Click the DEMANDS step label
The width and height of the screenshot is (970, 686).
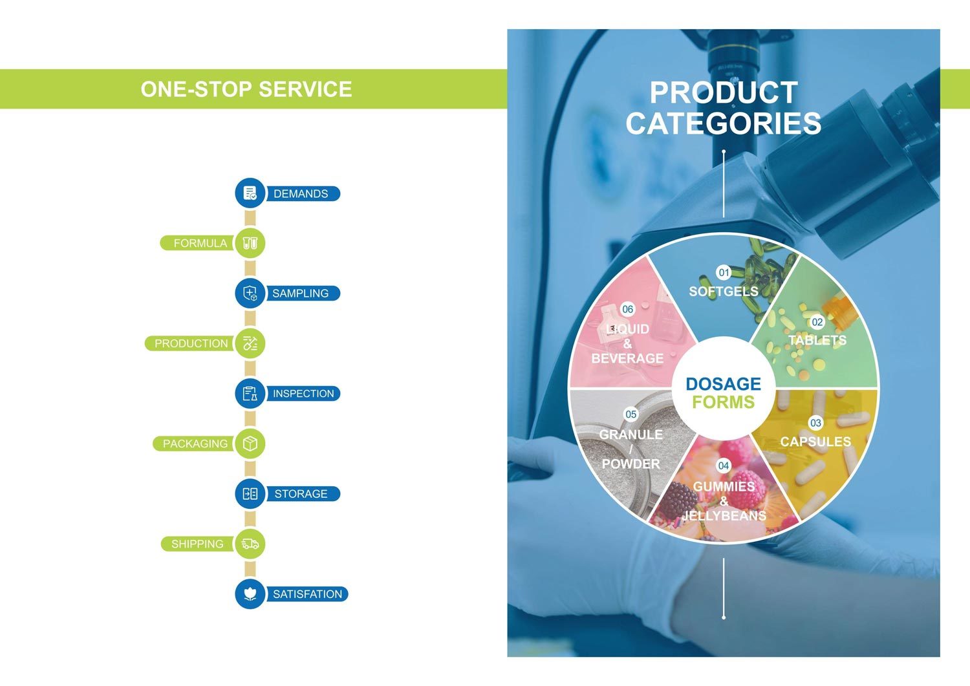pos(301,193)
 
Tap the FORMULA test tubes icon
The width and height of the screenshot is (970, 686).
pos(250,243)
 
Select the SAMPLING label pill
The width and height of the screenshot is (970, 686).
pos(302,293)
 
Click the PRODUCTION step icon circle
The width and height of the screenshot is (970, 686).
pos(250,343)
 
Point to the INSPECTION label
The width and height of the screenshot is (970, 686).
pos(303,394)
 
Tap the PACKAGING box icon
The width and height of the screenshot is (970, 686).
pos(250,444)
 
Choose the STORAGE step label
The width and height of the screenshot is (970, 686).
pos(301,494)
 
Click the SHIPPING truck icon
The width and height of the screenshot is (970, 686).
pos(250,544)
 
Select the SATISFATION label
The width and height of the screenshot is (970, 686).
pos(307,594)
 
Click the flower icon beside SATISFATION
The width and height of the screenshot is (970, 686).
pos(250,594)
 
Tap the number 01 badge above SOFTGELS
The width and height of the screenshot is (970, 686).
pos(724,272)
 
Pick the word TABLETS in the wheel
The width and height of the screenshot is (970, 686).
pos(817,340)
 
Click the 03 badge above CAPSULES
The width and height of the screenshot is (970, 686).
pos(815,423)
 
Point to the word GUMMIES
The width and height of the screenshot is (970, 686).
pos(724,486)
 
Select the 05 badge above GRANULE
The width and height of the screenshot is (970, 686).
pos(631,414)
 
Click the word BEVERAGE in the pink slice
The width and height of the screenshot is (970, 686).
pos(627,359)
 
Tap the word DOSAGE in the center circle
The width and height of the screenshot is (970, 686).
pos(723,384)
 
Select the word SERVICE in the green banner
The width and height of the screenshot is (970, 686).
pos(305,89)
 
